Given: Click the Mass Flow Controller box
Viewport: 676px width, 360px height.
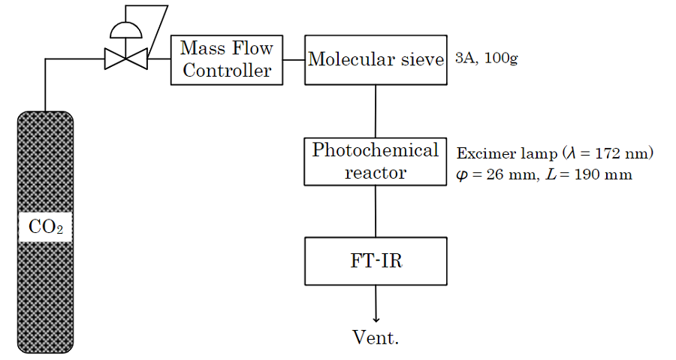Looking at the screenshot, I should tap(227, 60).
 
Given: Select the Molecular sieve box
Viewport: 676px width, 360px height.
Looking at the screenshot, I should tap(376, 59).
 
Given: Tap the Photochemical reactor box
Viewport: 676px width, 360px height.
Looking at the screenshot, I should tap(376, 161).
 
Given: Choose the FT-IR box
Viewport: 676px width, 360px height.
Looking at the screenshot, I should tap(376, 261).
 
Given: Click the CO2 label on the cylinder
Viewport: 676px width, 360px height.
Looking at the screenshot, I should tap(45, 227).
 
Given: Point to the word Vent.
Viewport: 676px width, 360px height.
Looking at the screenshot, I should tap(376, 337).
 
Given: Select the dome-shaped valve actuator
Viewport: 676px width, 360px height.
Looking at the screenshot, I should tap(126, 29).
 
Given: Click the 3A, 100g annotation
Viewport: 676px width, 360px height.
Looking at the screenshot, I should tap(486, 59).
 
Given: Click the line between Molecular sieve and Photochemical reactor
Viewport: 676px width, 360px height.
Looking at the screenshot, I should tap(376, 111).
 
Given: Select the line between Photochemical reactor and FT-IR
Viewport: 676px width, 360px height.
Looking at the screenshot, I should tap(376, 211).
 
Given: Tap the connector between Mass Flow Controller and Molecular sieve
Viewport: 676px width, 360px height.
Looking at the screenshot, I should tap(294, 59).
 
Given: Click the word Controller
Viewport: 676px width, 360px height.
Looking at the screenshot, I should tap(227, 71).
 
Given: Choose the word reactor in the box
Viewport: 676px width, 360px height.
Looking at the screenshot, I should tap(376, 172).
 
